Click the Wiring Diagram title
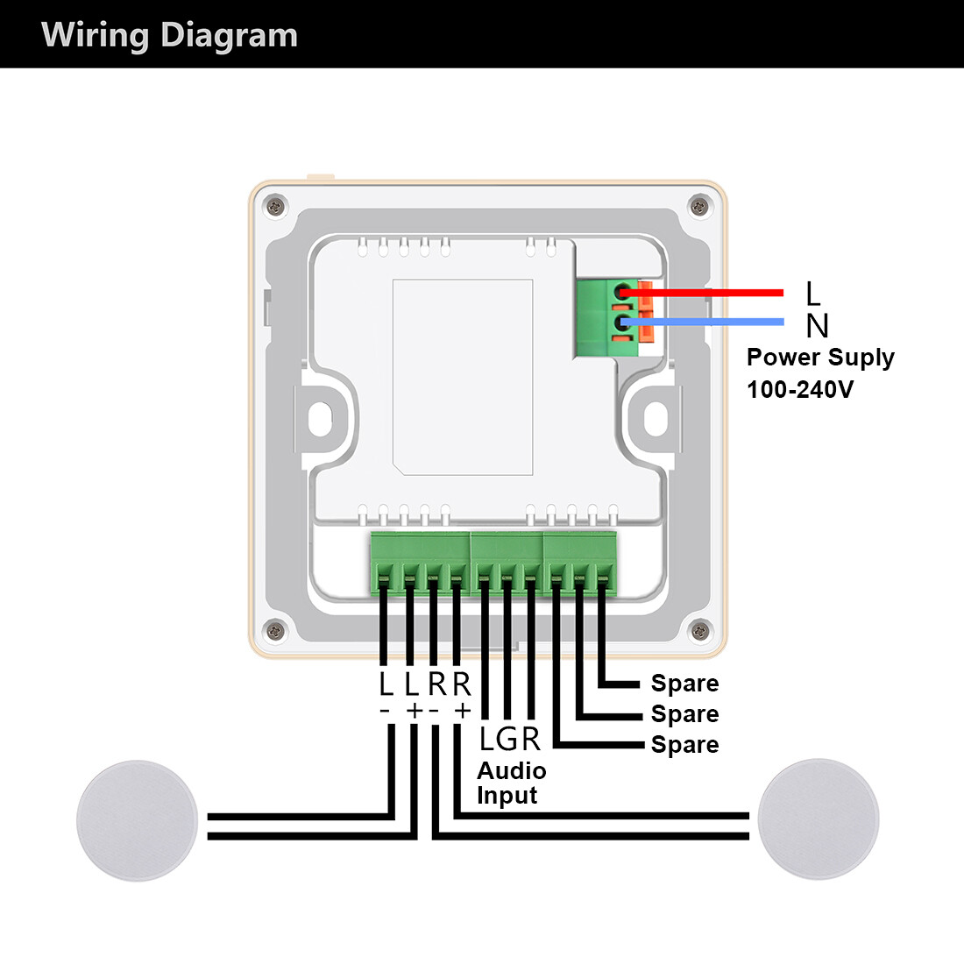tap(169, 36)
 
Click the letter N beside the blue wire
tap(817, 326)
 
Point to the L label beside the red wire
tap(813, 294)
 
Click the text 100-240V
tap(799, 389)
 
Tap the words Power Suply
tap(820, 358)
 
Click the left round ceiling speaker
tap(138, 819)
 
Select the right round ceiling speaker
tap(818, 819)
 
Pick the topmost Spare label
tap(684, 684)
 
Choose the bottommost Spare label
tap(684, 745)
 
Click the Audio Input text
tap(511, 783)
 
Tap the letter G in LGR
tap(509, 740)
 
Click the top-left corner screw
tap(276, 207)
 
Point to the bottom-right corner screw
tap(698, 629)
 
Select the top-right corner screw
tap(698, 207)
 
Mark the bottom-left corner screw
tap(276, 629)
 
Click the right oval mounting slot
tap(656, 417)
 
